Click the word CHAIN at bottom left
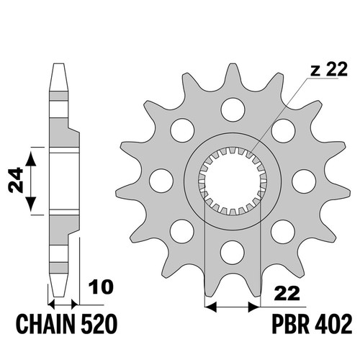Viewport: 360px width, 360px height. pyautogui.click(x=45, y=324)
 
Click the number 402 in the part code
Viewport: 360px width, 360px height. pyautogui.click(x=333, y=324)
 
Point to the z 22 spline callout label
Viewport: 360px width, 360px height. pyautogui.click(x=329, y=70)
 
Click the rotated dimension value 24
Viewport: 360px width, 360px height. pyautogui.click(x=16, y=181)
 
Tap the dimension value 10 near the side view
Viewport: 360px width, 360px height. pyautogui.click(x=101, y=287)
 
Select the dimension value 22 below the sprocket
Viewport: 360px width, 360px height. pyautogui.click(x=288, y=293)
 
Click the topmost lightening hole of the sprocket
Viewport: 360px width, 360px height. pyautogui.click(x=233, y=109)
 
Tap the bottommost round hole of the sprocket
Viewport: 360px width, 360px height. pyautogui.click(x=233, y=252)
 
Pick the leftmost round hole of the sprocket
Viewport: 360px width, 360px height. pyautogui.click(x=161, y=181)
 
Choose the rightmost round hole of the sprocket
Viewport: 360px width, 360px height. pyautogui.click(x=304, y=181)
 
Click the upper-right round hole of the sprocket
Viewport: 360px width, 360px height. pyautogui.click(x=283, y=130)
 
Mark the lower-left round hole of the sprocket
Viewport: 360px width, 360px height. pyautogui.click(x=182, y=231)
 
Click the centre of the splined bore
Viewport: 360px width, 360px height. pyautogui.click(x=233, y=181)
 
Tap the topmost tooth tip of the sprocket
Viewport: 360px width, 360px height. pyautogui.click(x=233, y=64)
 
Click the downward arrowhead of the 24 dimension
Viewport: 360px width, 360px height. pyautogui.click(x=30, y=204)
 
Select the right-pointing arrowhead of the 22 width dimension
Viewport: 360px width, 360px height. pyautogui.click(x=254, y=307)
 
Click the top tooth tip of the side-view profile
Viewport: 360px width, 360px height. pyautogui.click(x=59, y=64)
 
